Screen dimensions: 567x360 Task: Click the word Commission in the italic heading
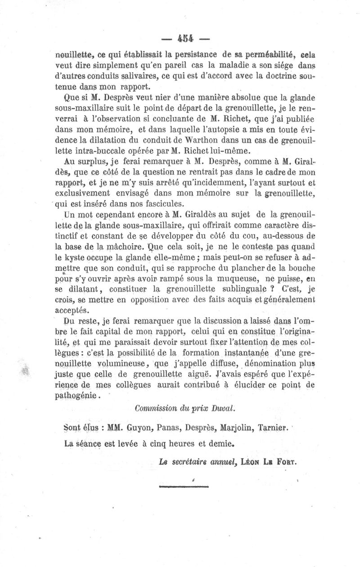point(156,409)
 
